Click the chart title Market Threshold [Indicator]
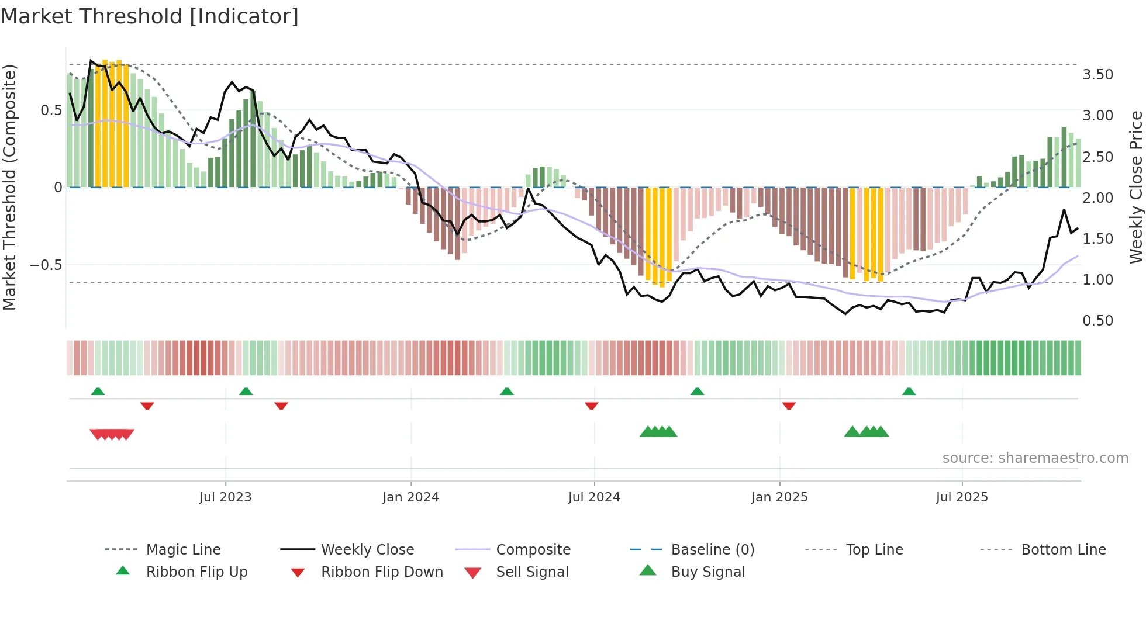pos(150,16)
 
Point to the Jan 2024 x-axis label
pos(410,497)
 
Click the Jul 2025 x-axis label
pos(961,497)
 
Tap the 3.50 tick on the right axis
pos(1097,75)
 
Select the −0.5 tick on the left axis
pos(46,265)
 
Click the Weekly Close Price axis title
pos(1135,187)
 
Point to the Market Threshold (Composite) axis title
pos(9,187)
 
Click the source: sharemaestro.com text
pos(1035,458)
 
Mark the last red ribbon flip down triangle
pos(789,406)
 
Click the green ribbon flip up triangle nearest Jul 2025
pos(909,392)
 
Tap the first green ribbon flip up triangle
pos(98,392)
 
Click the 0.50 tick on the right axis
pos(1097,321)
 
